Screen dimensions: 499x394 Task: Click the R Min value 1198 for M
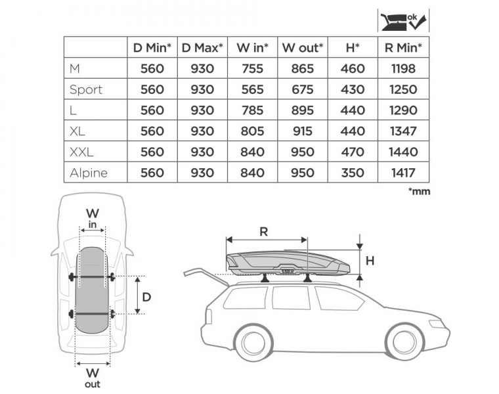403,68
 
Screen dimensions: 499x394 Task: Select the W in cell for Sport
252,89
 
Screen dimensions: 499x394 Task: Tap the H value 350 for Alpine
353,173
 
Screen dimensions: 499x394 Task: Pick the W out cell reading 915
302,131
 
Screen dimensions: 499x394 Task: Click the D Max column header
202,48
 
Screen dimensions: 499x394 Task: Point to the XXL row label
81,152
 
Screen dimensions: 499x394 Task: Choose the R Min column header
403,48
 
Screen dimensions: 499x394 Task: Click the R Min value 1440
403,152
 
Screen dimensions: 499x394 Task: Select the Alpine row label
89,173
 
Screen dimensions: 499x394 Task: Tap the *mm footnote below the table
419,191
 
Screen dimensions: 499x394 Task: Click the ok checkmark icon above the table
404,21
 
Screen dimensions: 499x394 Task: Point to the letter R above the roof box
263,232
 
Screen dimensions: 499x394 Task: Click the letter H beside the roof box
370,261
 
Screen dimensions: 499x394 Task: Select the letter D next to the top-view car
146,297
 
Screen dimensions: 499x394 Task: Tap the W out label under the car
93,378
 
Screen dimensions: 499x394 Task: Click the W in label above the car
93,218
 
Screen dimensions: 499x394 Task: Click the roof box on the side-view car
288,263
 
